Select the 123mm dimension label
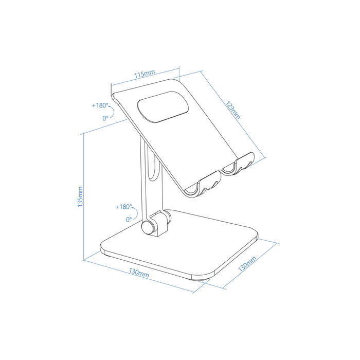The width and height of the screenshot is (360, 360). [232, 109]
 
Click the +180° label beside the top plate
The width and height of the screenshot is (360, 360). [101, 105]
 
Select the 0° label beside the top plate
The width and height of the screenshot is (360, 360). [105, 118]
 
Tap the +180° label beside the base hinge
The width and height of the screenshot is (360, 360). [123, 207]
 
